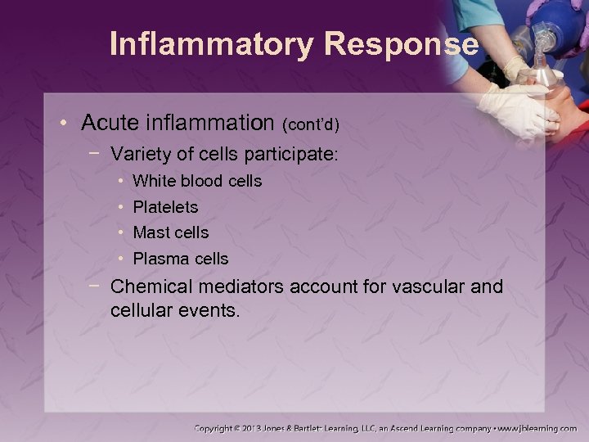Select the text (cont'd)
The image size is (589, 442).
tap(310, 124)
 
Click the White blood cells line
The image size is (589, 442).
tap(196, 181)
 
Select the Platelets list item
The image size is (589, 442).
tap(164, 207)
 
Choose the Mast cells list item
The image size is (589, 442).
tap(170, 232)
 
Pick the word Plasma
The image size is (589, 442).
tap(157, 259)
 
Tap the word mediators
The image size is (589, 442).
tap(225, 287)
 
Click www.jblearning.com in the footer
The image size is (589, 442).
tap(537, 428)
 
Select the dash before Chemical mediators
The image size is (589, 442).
tap(96, 285)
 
